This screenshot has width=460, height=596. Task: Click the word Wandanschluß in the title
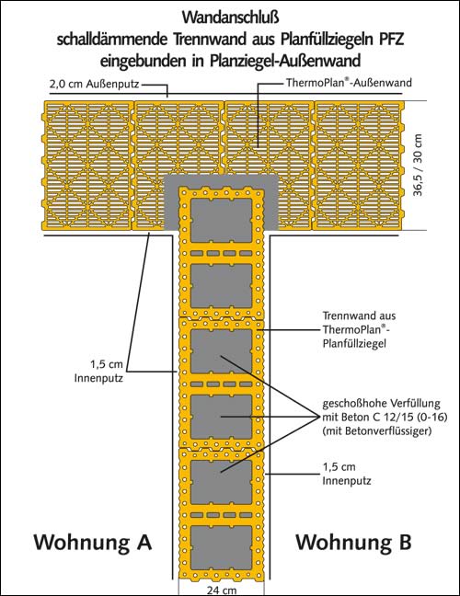click(230, 17)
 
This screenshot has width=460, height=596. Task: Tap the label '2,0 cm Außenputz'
click(94, 84)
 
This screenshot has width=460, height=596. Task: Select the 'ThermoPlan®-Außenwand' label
click(349, 83)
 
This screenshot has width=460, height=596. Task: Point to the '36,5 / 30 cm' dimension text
click(419, 165)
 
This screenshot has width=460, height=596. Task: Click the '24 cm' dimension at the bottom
click(221, 590)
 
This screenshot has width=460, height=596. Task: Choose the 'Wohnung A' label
click(93, 542)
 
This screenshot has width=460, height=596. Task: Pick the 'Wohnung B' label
click(353, 542)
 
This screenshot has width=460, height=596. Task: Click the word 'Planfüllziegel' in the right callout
click(354, 344)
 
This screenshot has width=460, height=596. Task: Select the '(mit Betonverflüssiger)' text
click(377, 431)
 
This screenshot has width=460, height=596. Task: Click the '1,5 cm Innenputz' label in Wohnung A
click(98, 372)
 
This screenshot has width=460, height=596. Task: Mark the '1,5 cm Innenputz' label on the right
click(347, 474)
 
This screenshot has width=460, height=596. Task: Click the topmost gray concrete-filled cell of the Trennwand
click(221, 221)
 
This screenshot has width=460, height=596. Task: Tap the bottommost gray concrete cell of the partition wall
click(221, 547)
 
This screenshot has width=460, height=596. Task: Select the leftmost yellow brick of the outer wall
click(89, 166)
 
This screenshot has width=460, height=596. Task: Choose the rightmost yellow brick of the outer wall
click(358, 166)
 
